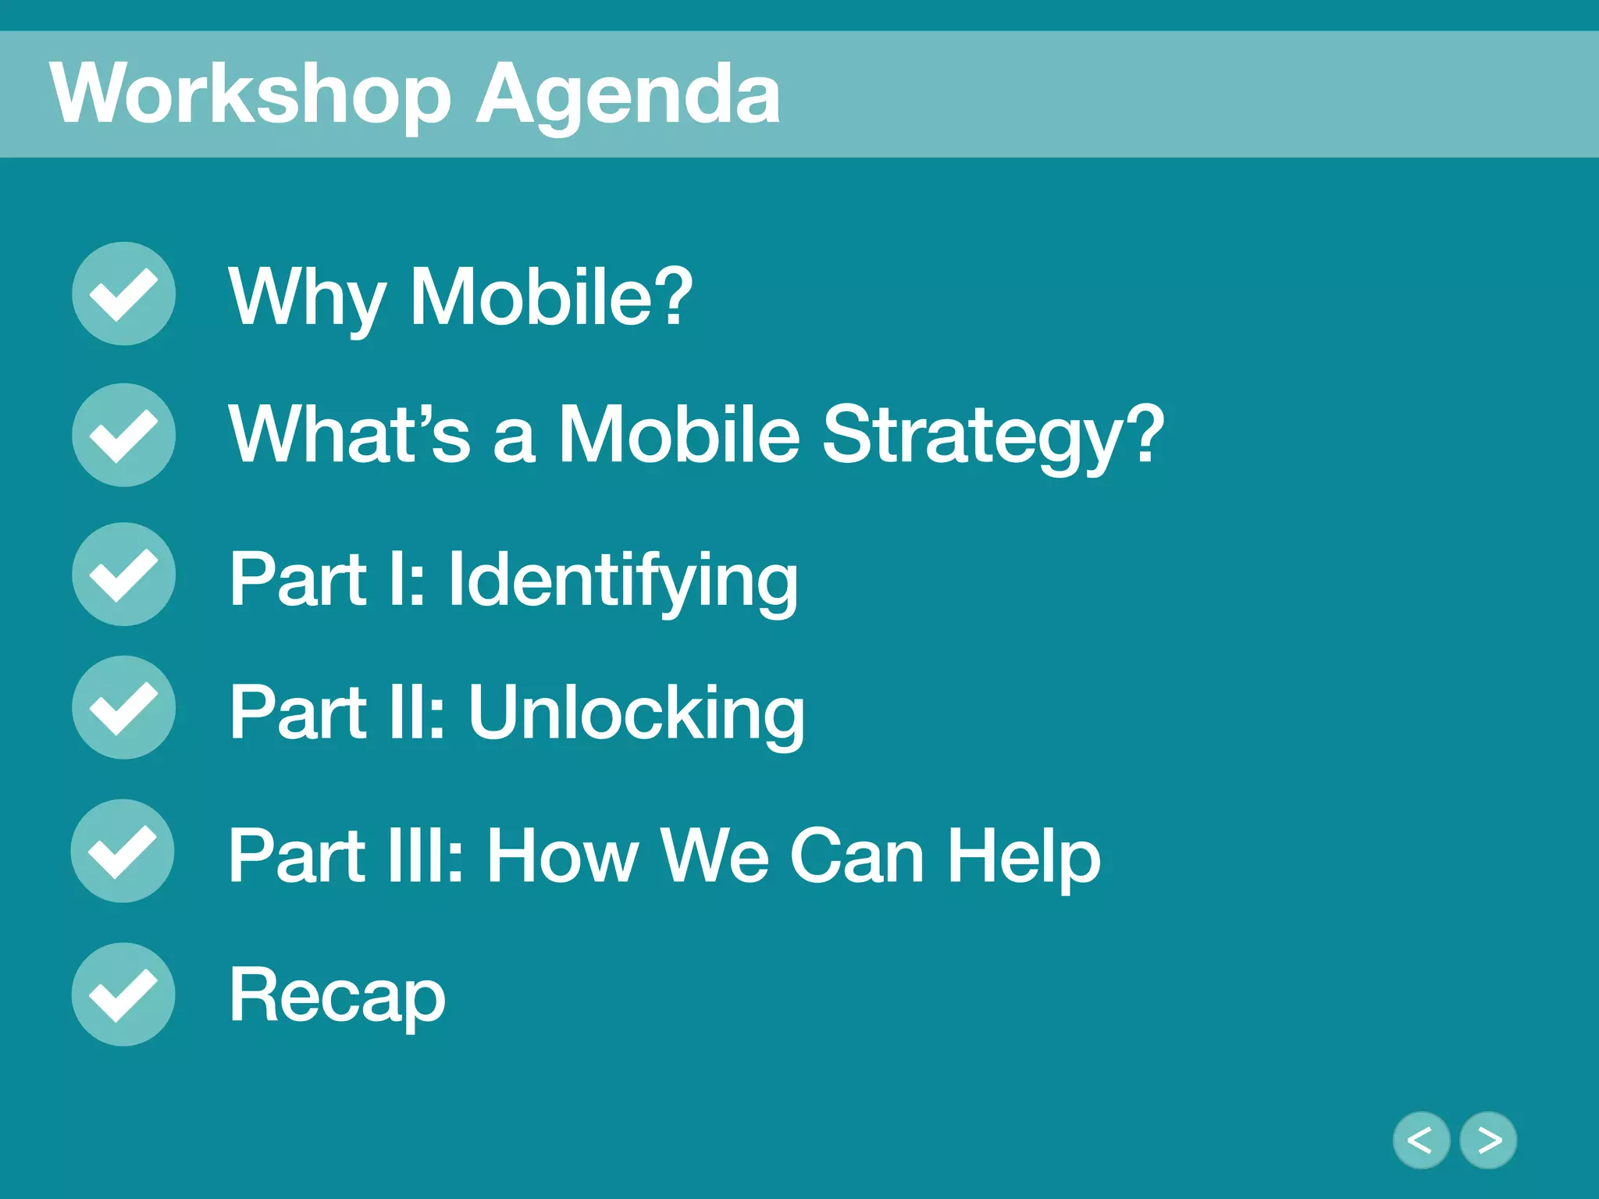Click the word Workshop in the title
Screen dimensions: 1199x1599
pos(250,94)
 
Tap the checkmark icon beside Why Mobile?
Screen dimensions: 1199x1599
pos(123,294)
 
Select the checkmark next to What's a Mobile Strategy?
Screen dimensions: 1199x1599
pos(123,435)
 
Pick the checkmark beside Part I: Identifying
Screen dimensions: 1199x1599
pos(123,574)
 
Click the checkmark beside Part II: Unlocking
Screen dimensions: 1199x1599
pos(123,707)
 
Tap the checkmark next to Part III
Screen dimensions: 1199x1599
pos(123,851)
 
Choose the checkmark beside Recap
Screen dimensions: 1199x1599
pos(123,994)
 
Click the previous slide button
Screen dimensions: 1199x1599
pos(1421,1140)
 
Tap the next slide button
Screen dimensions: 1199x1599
pos(1488,1140)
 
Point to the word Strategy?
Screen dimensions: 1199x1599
pos(992,437)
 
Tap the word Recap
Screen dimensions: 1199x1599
pos(337,997)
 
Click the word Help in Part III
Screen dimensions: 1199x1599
pos(1023,857)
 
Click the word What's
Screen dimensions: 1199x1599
pos(349,434)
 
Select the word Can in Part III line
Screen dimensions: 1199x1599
pos(856,856)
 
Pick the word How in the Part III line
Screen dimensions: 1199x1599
pos(562,856)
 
